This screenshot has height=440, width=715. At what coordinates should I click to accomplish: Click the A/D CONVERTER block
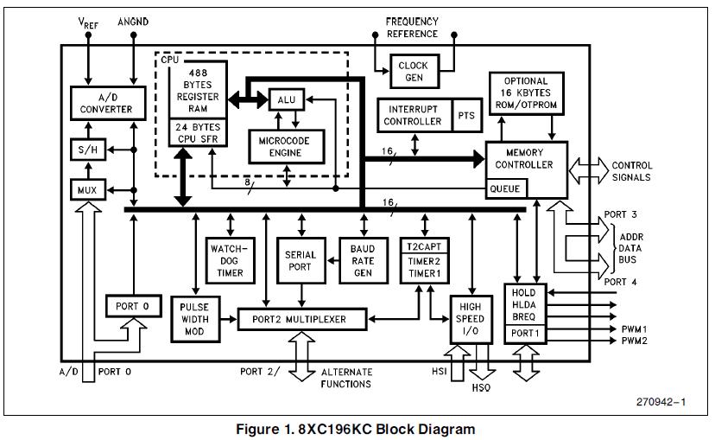point(102,103)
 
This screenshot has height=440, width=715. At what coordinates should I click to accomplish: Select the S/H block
point(85,150)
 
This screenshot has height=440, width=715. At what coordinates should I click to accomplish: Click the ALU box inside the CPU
point(286,100)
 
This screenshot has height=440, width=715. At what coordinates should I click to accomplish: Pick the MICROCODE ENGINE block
point(285,145)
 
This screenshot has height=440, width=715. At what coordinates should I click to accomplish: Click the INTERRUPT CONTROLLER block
point(414,116)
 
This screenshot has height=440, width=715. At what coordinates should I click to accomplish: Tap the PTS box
point(465,116)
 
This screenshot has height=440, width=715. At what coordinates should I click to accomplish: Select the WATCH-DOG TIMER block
point(229,260)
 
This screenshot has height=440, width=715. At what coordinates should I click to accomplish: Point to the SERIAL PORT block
point(301,260)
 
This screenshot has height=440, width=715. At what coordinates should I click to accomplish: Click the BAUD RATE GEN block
point(363,260)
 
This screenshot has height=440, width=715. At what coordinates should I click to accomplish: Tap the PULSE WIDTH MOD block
point(194,319)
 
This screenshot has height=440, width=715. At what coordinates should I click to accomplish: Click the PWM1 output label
point(634,329)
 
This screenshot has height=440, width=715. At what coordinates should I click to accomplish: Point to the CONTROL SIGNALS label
point(632,171)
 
